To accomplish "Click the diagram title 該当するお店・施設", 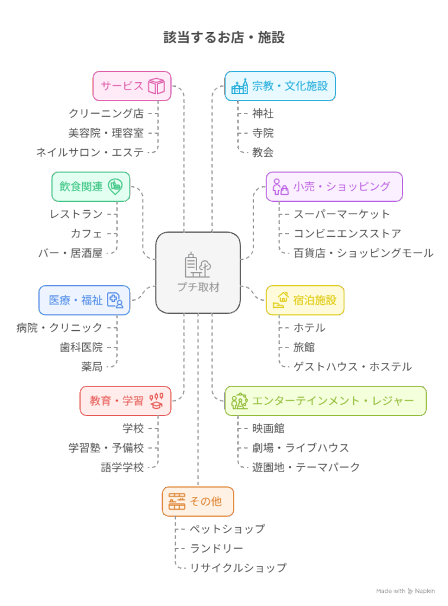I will click(224, 38).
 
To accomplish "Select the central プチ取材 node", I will click(198, 273).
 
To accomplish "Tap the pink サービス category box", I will click(131, 86).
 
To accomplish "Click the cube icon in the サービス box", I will click(156, 86).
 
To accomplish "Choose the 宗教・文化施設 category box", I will click(280, 86).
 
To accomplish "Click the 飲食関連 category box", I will click(91, 186).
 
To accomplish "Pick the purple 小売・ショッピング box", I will click(334, 186).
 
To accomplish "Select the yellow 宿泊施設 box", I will click(305, 300).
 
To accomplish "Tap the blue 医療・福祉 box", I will click(84, 300).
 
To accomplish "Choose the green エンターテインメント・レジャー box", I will click(325, 401).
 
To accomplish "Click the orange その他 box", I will click(198, 501).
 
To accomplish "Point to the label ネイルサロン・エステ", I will click(89, 152).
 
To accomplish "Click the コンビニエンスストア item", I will click(347, 234).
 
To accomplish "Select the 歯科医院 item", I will click(81, 347).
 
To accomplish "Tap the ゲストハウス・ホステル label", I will click(352, 367).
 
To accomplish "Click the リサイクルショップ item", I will click(238, 568).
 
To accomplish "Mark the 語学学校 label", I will click(123, 468).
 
